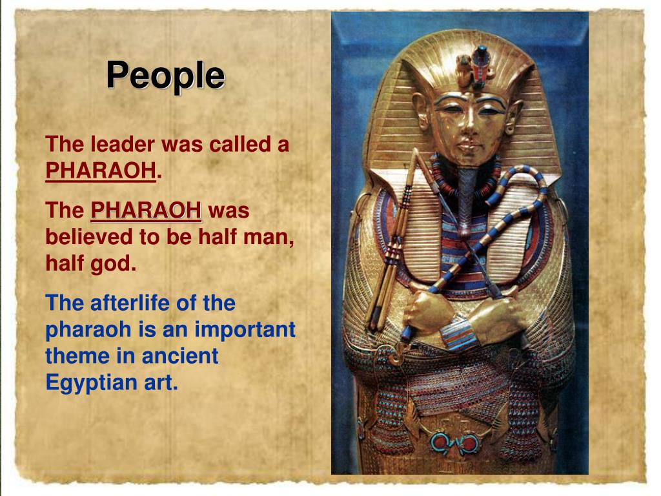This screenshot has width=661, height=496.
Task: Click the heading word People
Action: pyautogui.click(x=165, y=76)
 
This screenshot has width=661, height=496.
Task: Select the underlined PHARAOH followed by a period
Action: pyautogui.click(x=101, y=171)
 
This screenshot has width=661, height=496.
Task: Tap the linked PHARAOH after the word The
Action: pyautogui.click(x=146, y=211)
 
